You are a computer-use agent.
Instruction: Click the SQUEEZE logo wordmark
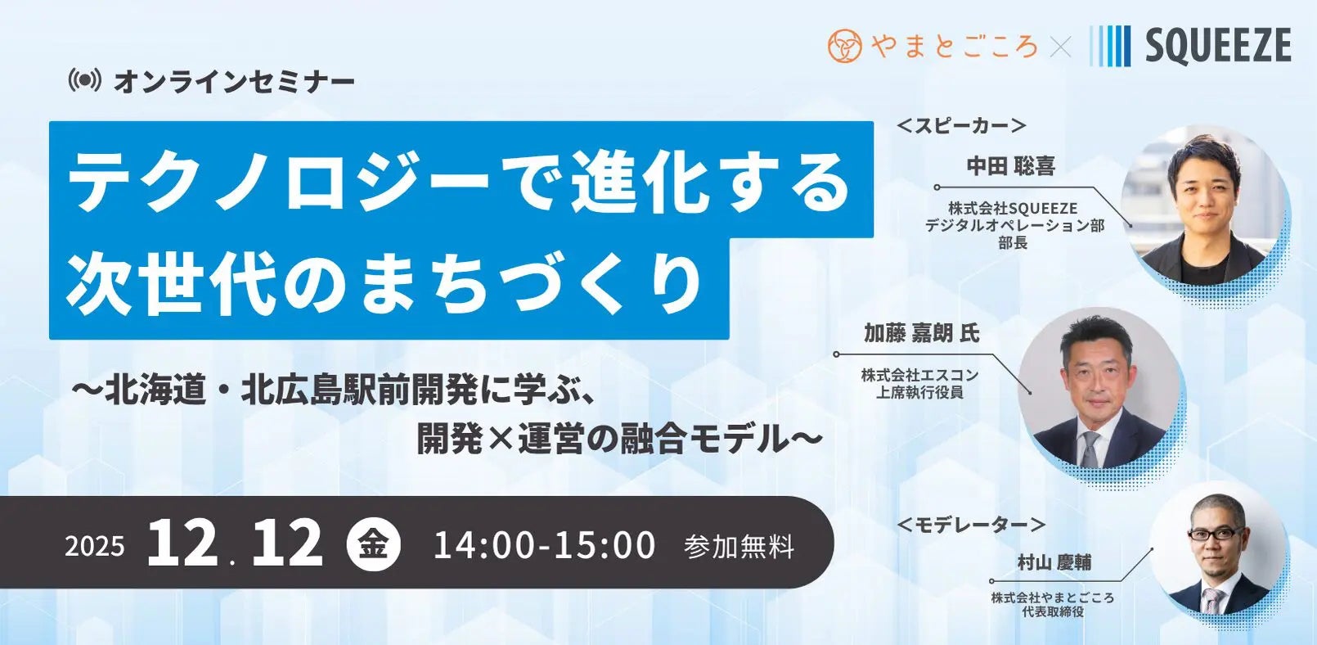[x=1217, y=45]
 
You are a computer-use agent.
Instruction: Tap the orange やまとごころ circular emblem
[x=845, y=46]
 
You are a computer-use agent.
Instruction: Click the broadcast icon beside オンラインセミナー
[x=85, y=80]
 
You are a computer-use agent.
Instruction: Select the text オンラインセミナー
[x=234, y=81]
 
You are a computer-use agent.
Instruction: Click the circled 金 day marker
[x=374, y=544]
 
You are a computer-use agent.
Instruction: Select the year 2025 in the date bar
[x=95, y=546]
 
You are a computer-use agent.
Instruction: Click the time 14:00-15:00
[x=544, y=545]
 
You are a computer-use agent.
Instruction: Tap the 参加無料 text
[x=739, y=546]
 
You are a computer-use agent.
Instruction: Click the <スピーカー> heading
[x=961, y=125]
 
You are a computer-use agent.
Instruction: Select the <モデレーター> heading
[x=971, y=524]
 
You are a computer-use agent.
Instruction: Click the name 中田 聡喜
[x=1011, y=166]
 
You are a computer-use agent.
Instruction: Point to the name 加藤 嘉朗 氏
[x=921, y=333]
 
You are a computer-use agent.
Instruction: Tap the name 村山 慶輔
[x=1054, y=562]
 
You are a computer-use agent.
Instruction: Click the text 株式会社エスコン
[x=919, y=375]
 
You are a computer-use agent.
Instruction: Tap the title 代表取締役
[x=1053, y=611]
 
